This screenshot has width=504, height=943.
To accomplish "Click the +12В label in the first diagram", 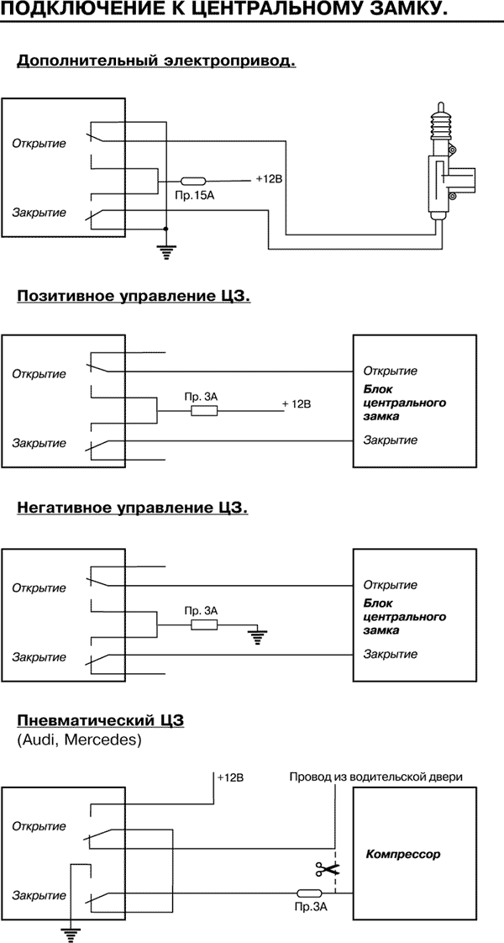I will coord(270,178).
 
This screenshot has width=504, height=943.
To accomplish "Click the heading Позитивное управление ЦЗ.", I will coord(134,297).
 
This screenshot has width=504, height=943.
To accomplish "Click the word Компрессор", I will coord(403,854).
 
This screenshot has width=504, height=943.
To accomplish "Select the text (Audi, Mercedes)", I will coord(79,740).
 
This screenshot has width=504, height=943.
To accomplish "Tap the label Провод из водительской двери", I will coord(375,777).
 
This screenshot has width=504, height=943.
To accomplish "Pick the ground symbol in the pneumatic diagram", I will coord(71,929).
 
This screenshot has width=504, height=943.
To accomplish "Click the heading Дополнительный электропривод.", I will coord(156,61).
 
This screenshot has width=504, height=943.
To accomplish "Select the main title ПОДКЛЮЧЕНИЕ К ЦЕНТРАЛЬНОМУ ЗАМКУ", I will coord(224,11).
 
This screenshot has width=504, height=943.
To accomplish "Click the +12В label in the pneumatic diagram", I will coord(229,777).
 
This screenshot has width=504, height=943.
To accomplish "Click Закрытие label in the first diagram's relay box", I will coord(39,212).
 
